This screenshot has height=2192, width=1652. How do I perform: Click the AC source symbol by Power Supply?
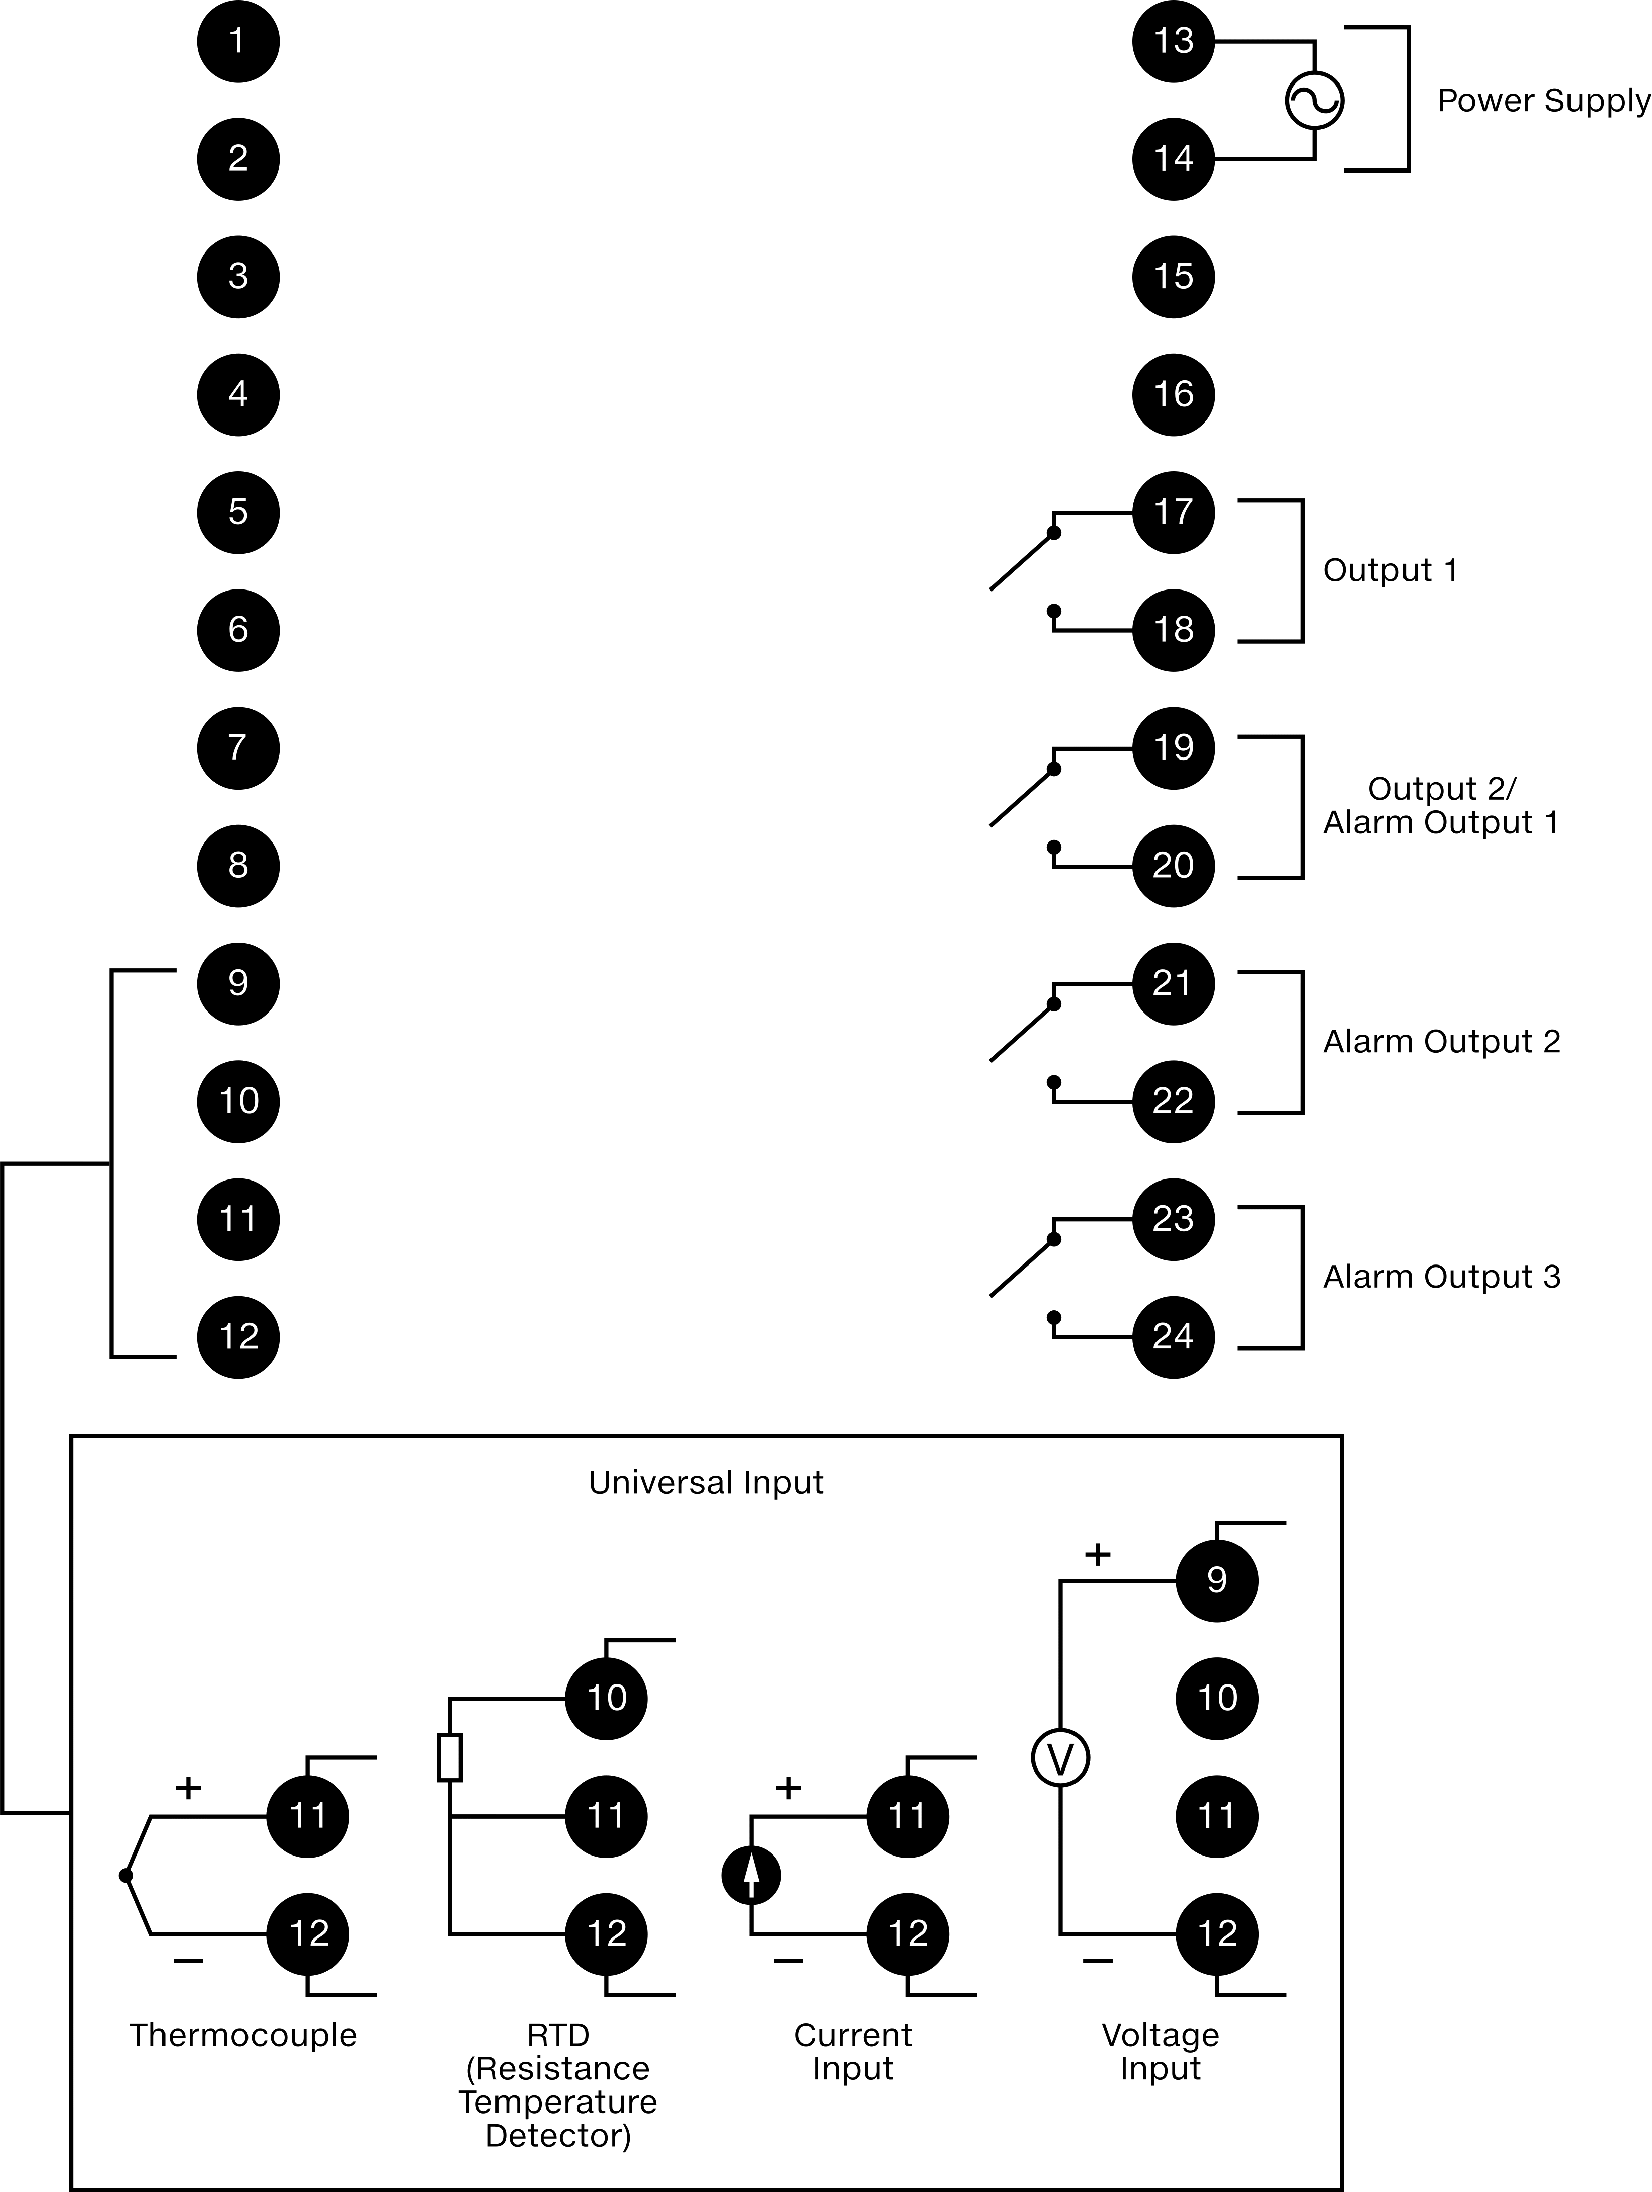[x=1314, y=100]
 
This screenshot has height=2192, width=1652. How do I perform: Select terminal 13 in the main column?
[x=1173, y=42]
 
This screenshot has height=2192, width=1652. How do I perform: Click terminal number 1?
[x=238, y=42]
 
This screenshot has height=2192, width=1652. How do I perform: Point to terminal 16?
[x=1173, y=394]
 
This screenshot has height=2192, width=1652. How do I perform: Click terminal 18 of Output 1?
[x=1173, y=630]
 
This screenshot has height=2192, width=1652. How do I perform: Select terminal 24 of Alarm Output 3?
[x=1173, y=1337]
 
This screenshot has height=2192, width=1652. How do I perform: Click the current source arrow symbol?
[x=751, y=1875]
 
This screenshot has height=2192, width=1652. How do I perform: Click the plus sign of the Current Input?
[x=788, y=1788]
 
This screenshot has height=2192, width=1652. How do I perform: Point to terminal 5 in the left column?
[x=238, y=513]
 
